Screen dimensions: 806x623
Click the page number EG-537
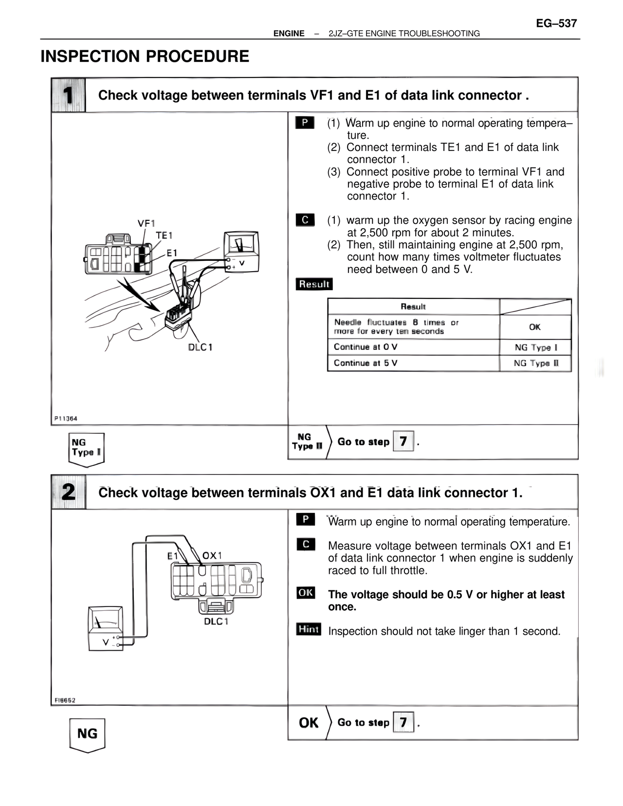pyautogui.click(x=556, y=23)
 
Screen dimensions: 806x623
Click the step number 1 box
pyautogui.click(x=68, y=95)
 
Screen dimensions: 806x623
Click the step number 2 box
pyautogui.click(x=68, y=492)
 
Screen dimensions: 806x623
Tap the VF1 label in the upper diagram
pyautogui.click(x=146, y=223)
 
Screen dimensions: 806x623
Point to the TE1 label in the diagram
pyautogui.click(x=164, y=236)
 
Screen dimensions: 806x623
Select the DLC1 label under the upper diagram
pyautogui.click(x=200, y=348)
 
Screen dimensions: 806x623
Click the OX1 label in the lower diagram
pyautogui.click(x=212, y=555)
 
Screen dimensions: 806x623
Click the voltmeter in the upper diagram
pyautogui.click(x=241, y=251)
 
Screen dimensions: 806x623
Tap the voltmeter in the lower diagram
pyautogui.click(x=106, y=628)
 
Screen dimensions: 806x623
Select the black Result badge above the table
pyautogui.click(x=314, y=284)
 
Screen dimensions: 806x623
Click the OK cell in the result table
pyautogui.click(x=535, y=327)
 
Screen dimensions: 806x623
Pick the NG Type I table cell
pyautogui.click(x=535, y=348)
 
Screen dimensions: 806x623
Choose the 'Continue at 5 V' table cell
pyautogui.click(x=413, y=363)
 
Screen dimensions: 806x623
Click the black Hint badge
pyautogui.click(x=308, y=629)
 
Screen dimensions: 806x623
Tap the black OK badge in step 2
pyautogui.click(x=306, y=593)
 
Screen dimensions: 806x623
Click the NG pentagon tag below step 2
pyautogui.click(x=87, y=734)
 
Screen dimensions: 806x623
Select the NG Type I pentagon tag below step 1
pyautogui.click(x=86, y=448)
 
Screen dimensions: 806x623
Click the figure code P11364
pyautogui.click(x=66, y=419)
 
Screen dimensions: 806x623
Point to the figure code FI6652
pyautogui.click(x=65, y=700)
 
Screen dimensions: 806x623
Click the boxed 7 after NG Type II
pyautogui.click(x=403, y=441)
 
